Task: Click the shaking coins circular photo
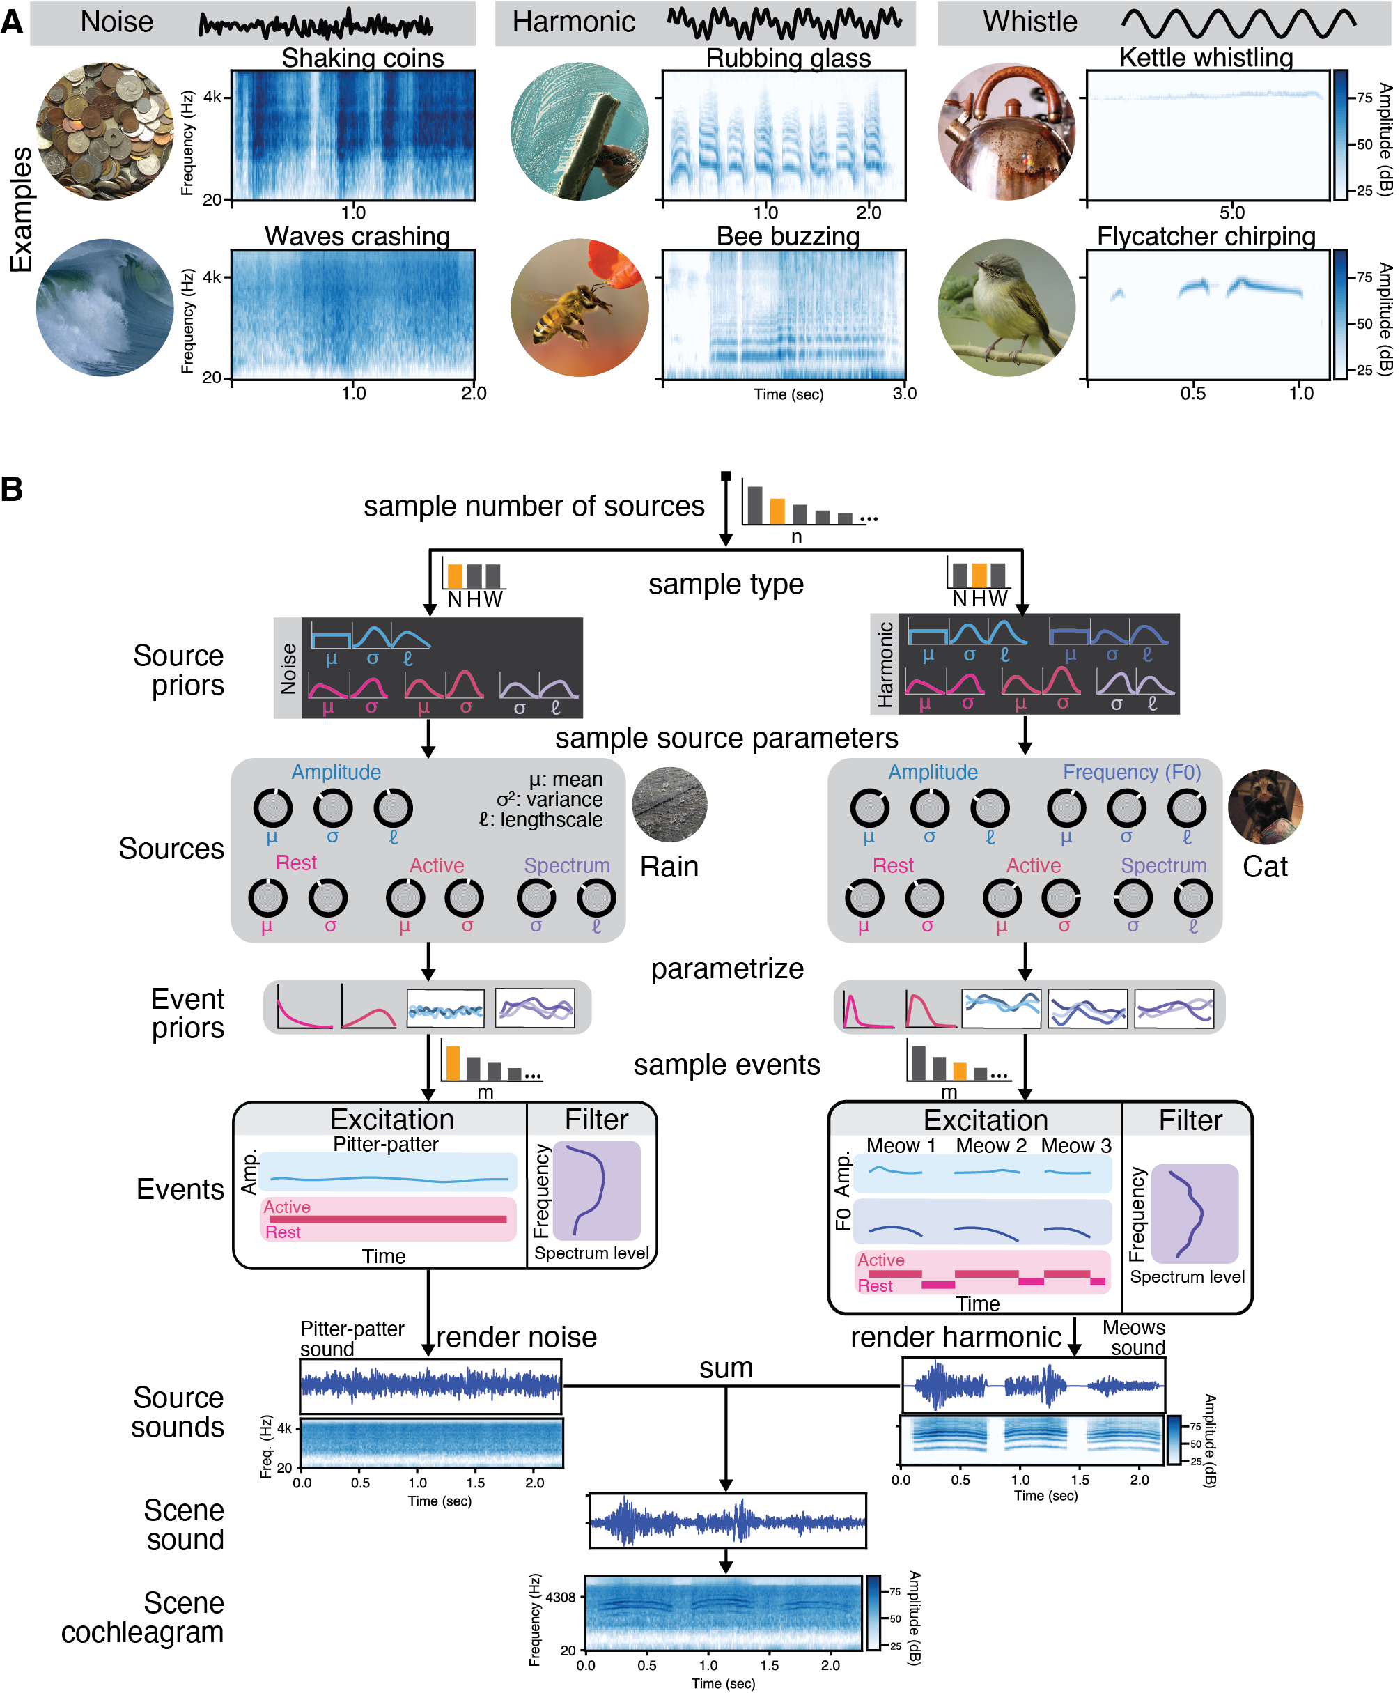click(x=104, y=132)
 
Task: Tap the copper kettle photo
click(x=1006, y=132)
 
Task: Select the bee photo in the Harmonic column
click(x=580, y=307)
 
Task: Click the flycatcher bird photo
click(x=1006, y=307)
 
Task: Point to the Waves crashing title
click(x=357, y=236)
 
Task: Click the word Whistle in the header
click(x=1029, y=22)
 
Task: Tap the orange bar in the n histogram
click(x=777, y=511)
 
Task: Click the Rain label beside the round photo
click(x=669, y=867)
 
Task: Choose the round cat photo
click(x=1265, y=807)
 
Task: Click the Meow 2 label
click(x=990, y=1145)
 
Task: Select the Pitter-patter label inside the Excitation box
click(x=386, y=1144)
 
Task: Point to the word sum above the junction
click(x=725, y=1368)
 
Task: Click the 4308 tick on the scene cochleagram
click(x=561, y=1597)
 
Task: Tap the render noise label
click(x=517, y=1338)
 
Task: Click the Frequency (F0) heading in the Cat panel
click(x=1132, y=773)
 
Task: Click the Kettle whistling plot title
click(x=1206, y=58)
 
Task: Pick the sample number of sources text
click(x=534, y=507)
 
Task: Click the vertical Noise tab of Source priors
click(x=288, y=668)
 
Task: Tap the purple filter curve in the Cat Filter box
click(x=1190, y=1214)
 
